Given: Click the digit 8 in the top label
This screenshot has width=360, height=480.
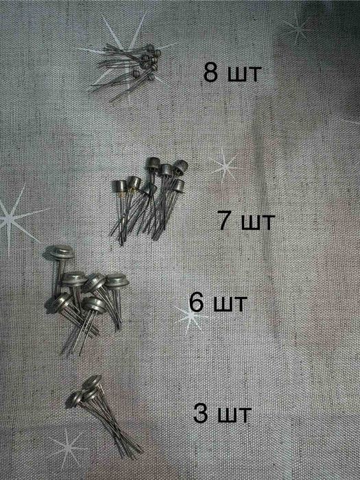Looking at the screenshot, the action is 211,73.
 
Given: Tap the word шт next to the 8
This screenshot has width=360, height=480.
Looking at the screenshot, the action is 244,75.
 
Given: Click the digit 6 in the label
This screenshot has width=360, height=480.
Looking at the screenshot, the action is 197,302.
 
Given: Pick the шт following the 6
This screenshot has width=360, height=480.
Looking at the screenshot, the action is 229,304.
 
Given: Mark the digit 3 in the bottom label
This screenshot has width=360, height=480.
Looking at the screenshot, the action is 200,413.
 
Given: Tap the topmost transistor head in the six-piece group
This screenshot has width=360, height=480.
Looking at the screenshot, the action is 62,252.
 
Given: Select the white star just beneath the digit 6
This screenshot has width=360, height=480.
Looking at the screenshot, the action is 191,318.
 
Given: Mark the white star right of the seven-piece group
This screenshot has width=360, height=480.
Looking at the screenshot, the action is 226,166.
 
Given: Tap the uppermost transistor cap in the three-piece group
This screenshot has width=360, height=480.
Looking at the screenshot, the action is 93,381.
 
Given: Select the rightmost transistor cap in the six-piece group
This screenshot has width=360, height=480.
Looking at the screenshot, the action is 117,281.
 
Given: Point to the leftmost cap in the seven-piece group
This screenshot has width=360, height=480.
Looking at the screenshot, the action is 120,186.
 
